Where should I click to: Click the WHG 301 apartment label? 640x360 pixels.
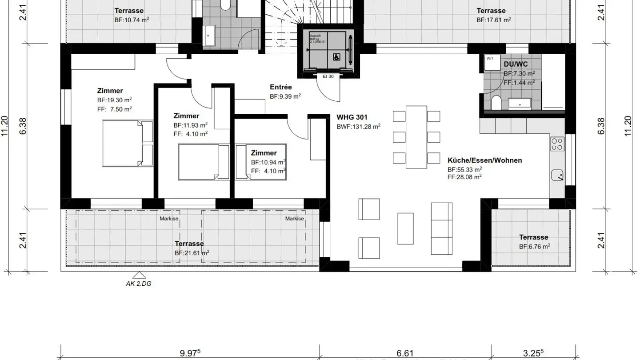point(352,118)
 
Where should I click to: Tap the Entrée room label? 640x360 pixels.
point(281,87)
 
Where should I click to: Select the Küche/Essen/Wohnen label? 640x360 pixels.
point(484,160)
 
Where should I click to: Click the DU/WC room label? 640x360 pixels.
point(516,64)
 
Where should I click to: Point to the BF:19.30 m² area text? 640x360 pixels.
point(114,100)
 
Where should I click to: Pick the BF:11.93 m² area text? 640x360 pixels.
point(191,125)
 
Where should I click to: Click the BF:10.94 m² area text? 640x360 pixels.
point(268,163)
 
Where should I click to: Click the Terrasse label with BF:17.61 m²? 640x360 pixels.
point(491,11)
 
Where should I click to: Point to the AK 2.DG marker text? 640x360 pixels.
point(139,283)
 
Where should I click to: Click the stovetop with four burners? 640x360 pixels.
point(557,144)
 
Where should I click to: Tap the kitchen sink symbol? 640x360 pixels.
point(557,176)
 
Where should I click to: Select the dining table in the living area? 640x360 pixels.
point(416,137)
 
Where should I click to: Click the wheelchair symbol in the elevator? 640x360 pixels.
point(336,56)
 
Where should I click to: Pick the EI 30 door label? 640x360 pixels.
point(328,76)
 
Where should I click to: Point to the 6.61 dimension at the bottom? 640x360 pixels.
point(405,353)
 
